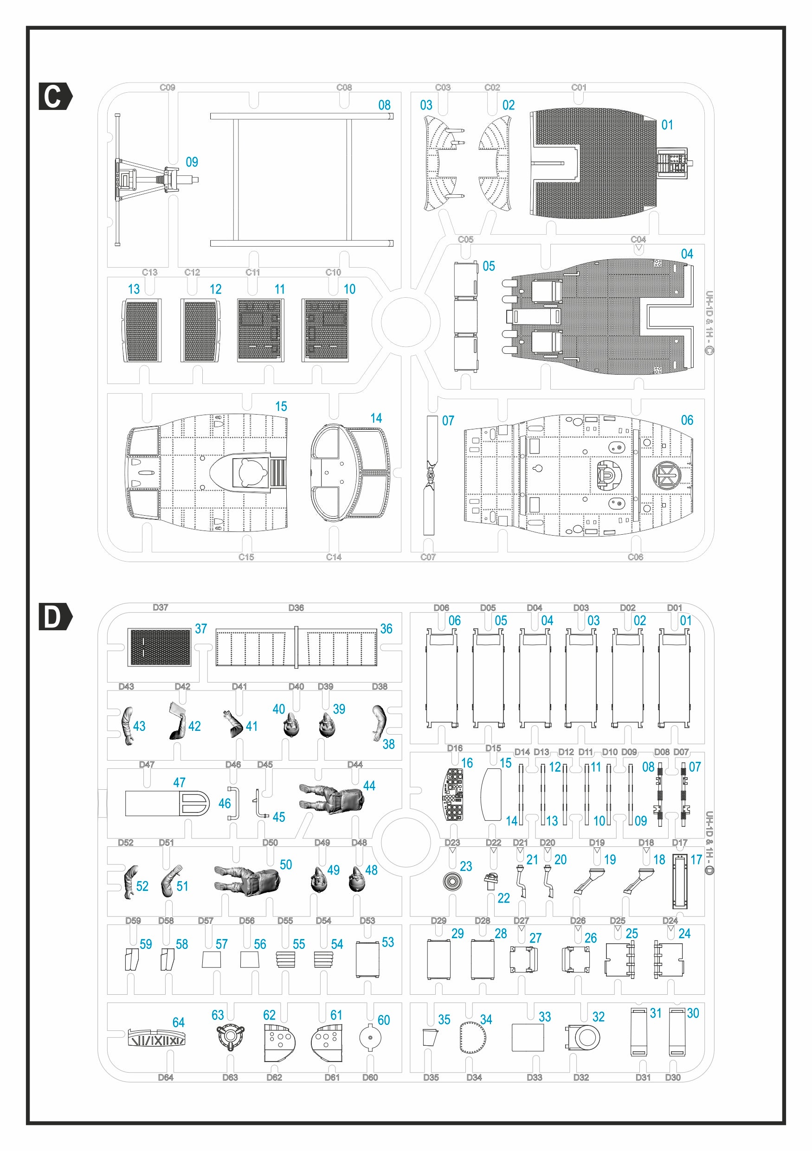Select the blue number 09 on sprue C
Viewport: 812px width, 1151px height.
tap(192, 162)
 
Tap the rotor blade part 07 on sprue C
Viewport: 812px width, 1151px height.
tap(430, 475)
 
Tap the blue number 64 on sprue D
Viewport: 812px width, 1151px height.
tap(178, 1022)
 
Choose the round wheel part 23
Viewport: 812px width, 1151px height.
tap(452, 881)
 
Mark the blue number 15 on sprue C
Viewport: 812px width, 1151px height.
tap(281, 406)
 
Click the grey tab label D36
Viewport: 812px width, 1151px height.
tap(296, 607)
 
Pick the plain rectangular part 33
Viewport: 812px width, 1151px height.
tap(528, 1037)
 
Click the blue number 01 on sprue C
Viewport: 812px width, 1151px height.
tap(667, 125)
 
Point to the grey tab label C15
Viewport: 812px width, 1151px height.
tap(246, 557)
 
